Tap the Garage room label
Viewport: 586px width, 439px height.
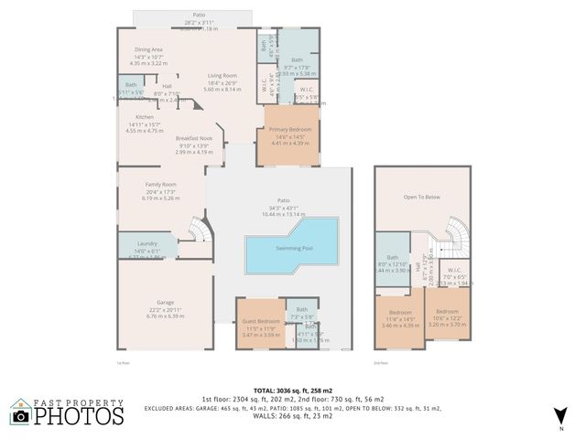coord(165,301)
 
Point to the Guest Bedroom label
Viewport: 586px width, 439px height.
coord(261,321)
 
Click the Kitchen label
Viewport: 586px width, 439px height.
coord(145,117)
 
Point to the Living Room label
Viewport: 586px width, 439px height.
coord(222,75)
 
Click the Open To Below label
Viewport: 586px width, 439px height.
coord(422,196)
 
